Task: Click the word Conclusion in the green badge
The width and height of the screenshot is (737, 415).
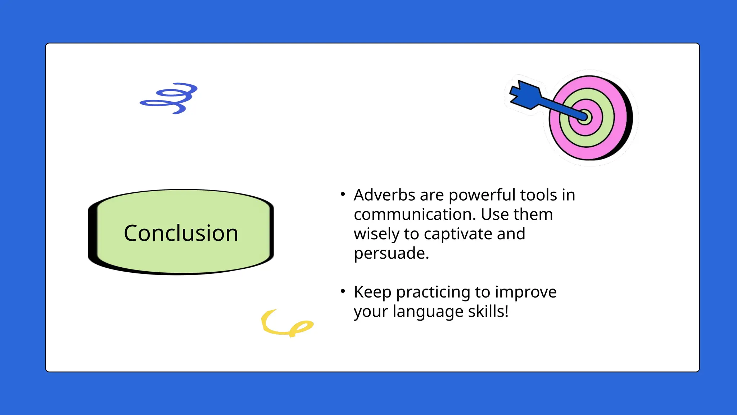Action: [x=181, y=233]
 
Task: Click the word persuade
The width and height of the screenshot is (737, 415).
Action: [x=391, y=253]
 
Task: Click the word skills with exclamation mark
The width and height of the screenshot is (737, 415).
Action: [x=488, y=312]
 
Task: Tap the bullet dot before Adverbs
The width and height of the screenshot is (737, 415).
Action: [x=343, y=195]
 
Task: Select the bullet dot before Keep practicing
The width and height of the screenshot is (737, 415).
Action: [x=343, y=291]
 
